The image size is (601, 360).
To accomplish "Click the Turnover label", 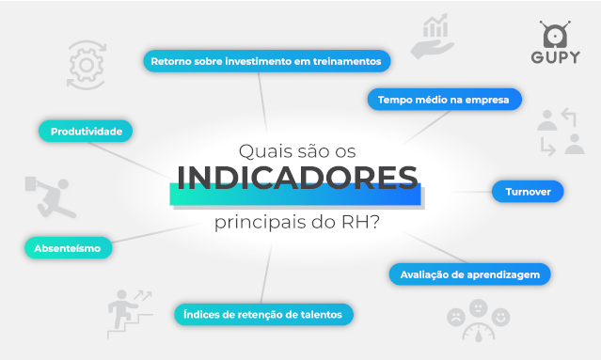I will click(x=527, y=192).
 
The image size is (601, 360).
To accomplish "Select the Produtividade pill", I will click(x=86, y=132).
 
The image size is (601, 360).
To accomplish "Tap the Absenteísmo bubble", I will click(x=68, y=248).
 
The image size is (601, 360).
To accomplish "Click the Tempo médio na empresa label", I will click(x=443, y=99).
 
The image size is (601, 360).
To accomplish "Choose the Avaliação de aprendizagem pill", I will click(x=469, y=274).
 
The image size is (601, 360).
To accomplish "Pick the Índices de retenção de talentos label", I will click(x=263, y=314).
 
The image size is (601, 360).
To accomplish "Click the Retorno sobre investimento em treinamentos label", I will click(x=265, y=61).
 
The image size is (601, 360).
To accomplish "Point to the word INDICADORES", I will click(x=297, y=178).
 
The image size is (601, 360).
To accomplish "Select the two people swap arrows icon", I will click(x=560, y=132).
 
